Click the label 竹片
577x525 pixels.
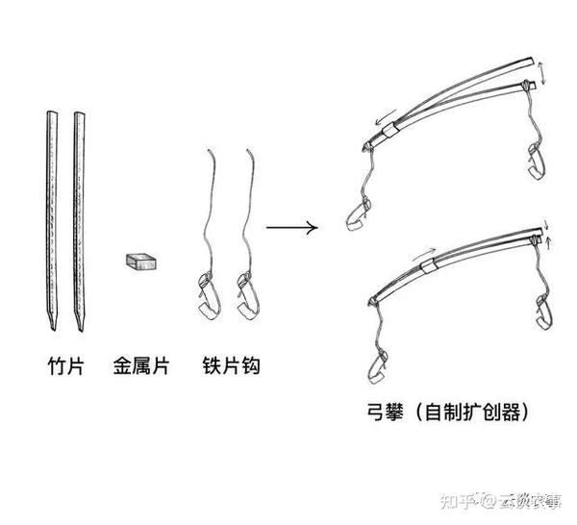pyautogui.click(x=64, y=366)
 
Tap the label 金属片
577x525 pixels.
pyautogui.click(x=139, y=366)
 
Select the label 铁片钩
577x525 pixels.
pyautogui.click(x=231, y=366)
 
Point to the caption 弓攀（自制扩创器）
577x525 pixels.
pyautogui.click(x=444, y=412)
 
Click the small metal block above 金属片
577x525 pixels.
pyautogui.click(x=141, y=260)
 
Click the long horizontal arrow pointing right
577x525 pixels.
pyautogui.click(x=290, y=228)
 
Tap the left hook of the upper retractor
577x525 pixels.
pyautogui.click(x=357, y=213)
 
